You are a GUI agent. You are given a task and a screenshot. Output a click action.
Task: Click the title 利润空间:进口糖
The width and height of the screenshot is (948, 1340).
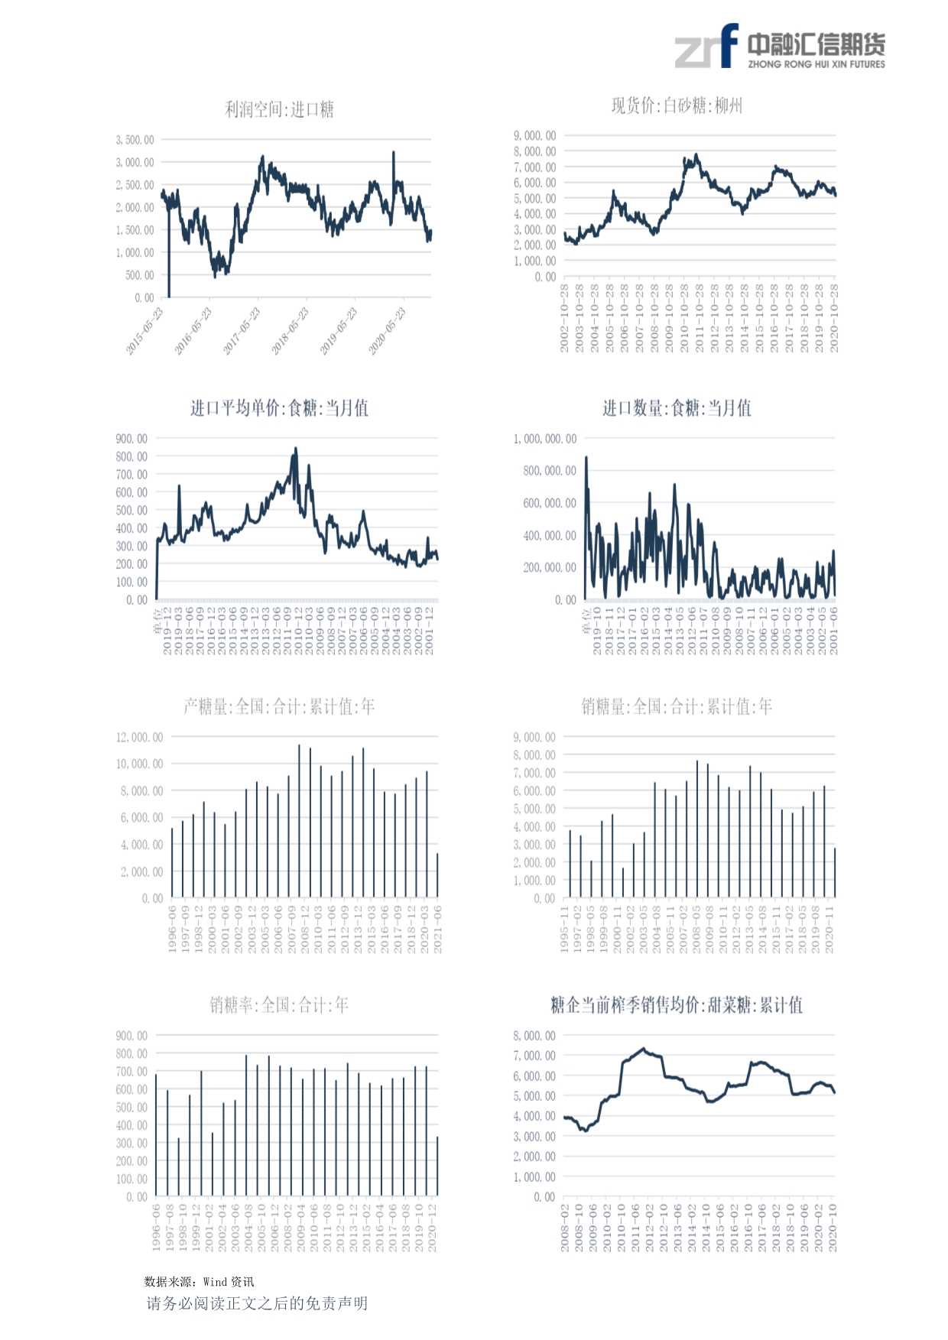tap(279, 110)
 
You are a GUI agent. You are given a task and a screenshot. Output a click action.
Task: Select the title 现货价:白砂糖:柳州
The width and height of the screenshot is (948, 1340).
tap(677, 105)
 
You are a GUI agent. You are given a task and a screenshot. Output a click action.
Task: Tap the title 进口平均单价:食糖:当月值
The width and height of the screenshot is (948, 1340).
tap(279, 408)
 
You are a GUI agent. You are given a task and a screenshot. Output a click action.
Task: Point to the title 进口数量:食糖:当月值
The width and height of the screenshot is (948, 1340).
tap(677, 408)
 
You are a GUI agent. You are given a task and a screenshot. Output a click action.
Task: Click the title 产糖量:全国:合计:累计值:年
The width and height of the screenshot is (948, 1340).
tap(279, 706)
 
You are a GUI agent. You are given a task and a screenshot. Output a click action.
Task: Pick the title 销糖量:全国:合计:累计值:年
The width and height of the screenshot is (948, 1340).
tap(677, 706)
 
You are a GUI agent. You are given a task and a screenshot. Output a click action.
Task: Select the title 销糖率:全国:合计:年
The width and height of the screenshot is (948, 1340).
tap(279, 1005)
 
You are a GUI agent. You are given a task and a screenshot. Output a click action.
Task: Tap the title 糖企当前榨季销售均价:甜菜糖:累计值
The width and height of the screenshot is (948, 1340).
tap(677, 1005)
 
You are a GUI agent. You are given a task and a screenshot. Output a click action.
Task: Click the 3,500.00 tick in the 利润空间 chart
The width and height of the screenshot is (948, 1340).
tap(135, 140)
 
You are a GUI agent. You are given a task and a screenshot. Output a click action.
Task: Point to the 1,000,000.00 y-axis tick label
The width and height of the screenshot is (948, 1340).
tap(544, 439)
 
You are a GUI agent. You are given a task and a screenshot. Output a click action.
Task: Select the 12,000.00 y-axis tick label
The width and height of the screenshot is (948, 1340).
tap(139, 738)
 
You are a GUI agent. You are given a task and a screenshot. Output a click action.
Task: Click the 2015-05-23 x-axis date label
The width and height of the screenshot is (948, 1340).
tap(145, 330)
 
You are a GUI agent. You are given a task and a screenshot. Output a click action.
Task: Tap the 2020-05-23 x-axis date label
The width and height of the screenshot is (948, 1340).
tap(388, 330)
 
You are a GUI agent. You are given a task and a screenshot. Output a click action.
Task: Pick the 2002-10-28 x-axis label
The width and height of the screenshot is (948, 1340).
tap(564, 318)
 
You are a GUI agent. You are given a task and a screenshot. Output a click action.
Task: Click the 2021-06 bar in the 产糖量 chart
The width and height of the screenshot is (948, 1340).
tap(437, 876)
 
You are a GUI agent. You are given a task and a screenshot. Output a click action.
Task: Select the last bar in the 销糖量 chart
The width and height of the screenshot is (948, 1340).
tap(835, 873)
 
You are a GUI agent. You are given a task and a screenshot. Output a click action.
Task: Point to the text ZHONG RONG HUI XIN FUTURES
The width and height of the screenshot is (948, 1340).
tap(816, 65)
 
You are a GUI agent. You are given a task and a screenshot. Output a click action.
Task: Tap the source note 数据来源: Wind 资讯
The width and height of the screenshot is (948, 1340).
tap(199, 1282)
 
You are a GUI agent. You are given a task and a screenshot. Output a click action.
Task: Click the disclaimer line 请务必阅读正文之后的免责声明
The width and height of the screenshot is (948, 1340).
tap(257, 1303)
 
